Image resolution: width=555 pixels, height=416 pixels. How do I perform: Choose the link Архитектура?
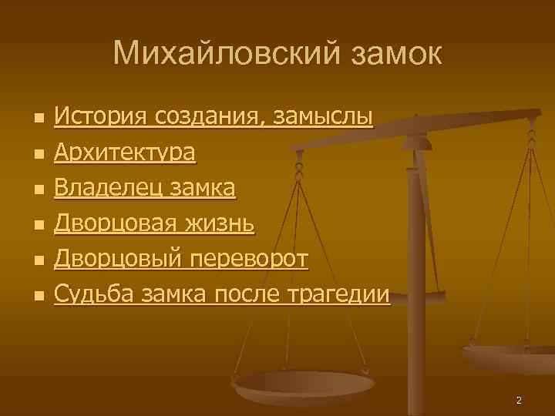125,153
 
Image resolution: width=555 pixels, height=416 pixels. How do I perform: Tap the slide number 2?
519,400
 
